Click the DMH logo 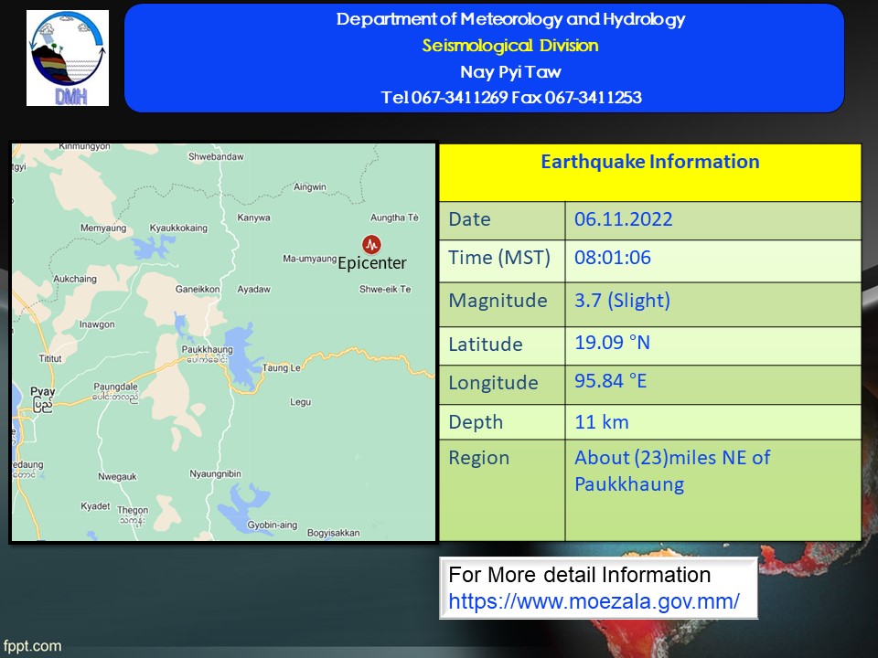point(68,58)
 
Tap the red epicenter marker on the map point(371,244)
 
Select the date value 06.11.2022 point(623,218)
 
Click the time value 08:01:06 point(613,258)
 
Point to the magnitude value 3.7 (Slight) point(622,301)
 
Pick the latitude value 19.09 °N point(612,343)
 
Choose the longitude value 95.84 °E point(610,381)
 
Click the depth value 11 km point(602,422)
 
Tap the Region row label point(478,458)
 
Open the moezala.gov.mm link point(594,601)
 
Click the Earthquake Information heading point(649,162)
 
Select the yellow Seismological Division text point(510,46)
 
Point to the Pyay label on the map point(43,392)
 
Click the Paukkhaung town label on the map point(207,349)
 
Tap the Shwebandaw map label point(216,156)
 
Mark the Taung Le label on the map point(282,367)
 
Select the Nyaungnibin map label point(215,474)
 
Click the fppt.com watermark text point(32,646)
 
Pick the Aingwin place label point(310,186)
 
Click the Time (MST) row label point(499,258)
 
